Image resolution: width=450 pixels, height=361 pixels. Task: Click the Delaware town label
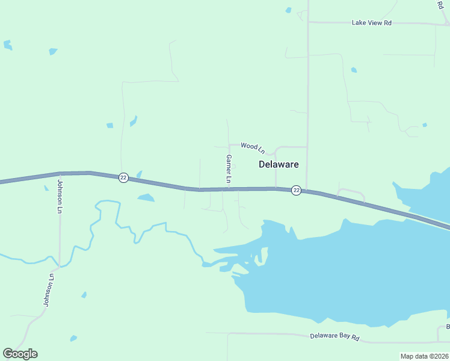[279, 164]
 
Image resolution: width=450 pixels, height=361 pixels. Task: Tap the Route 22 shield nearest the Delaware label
[296, 190]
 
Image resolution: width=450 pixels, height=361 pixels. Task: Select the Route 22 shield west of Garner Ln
[123, 177]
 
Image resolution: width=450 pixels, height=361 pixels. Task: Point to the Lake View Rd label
[371, 23]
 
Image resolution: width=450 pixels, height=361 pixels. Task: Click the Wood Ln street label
[252, 146]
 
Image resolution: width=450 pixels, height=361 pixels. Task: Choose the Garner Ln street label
[229, 168]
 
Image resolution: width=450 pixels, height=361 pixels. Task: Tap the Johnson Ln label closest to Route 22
[60, 196]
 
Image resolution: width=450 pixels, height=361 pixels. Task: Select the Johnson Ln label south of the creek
[49, 291]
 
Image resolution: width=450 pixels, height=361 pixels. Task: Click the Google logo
[20, 354]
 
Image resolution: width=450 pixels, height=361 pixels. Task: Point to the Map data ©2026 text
[424, 356]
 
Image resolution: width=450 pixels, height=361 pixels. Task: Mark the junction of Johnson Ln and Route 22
[60, 173]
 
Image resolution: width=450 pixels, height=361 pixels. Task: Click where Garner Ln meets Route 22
[229, 189]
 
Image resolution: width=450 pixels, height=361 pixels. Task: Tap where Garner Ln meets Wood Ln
[229, 145]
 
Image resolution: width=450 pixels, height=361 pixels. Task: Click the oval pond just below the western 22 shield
[145, 197]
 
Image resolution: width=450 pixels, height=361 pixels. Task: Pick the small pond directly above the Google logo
[73, 338]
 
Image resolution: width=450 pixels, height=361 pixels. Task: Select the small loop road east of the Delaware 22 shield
[351, 193]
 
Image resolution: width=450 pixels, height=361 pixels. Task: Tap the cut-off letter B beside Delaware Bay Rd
[448, 327]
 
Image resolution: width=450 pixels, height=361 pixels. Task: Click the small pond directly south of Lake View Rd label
[354, 70]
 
